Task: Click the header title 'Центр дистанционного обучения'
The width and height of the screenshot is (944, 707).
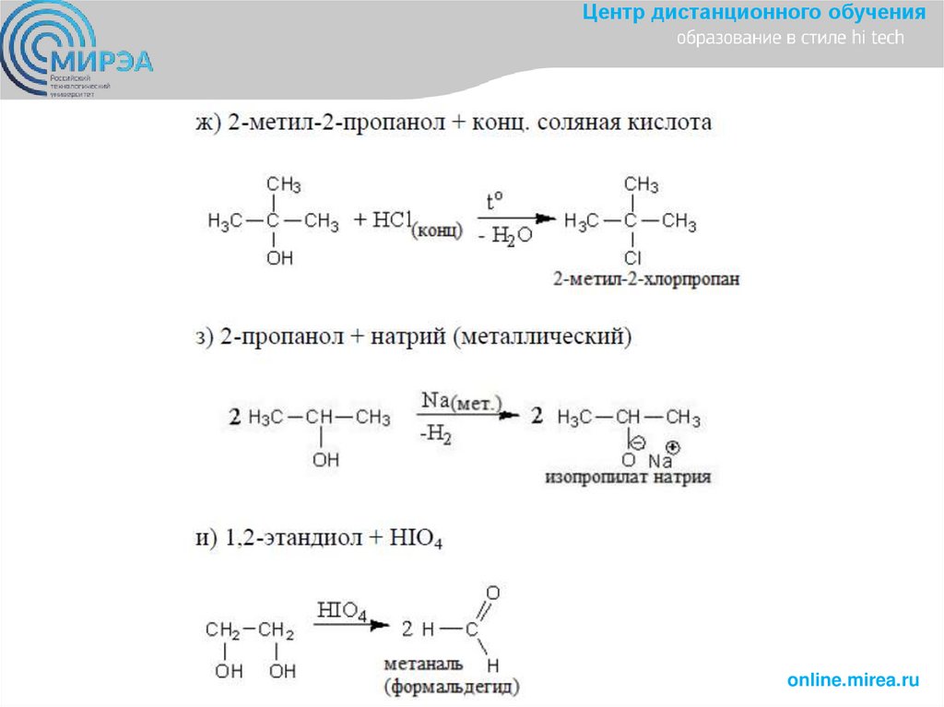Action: (755, 13)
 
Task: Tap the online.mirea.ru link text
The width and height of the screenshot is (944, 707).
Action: (854, 680)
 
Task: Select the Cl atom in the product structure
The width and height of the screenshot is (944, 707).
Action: (632, 259)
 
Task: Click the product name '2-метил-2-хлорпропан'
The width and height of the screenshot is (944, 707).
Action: (647, 278)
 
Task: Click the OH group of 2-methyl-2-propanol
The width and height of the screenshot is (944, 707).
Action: (279, 259)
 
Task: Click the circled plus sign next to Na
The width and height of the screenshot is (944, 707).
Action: (672, 447)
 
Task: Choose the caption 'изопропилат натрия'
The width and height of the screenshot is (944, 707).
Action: (628, 478)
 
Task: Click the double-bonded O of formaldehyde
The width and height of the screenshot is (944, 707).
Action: (492, 594)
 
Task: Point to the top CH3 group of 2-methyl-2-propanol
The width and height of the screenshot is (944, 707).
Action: (283, 184)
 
